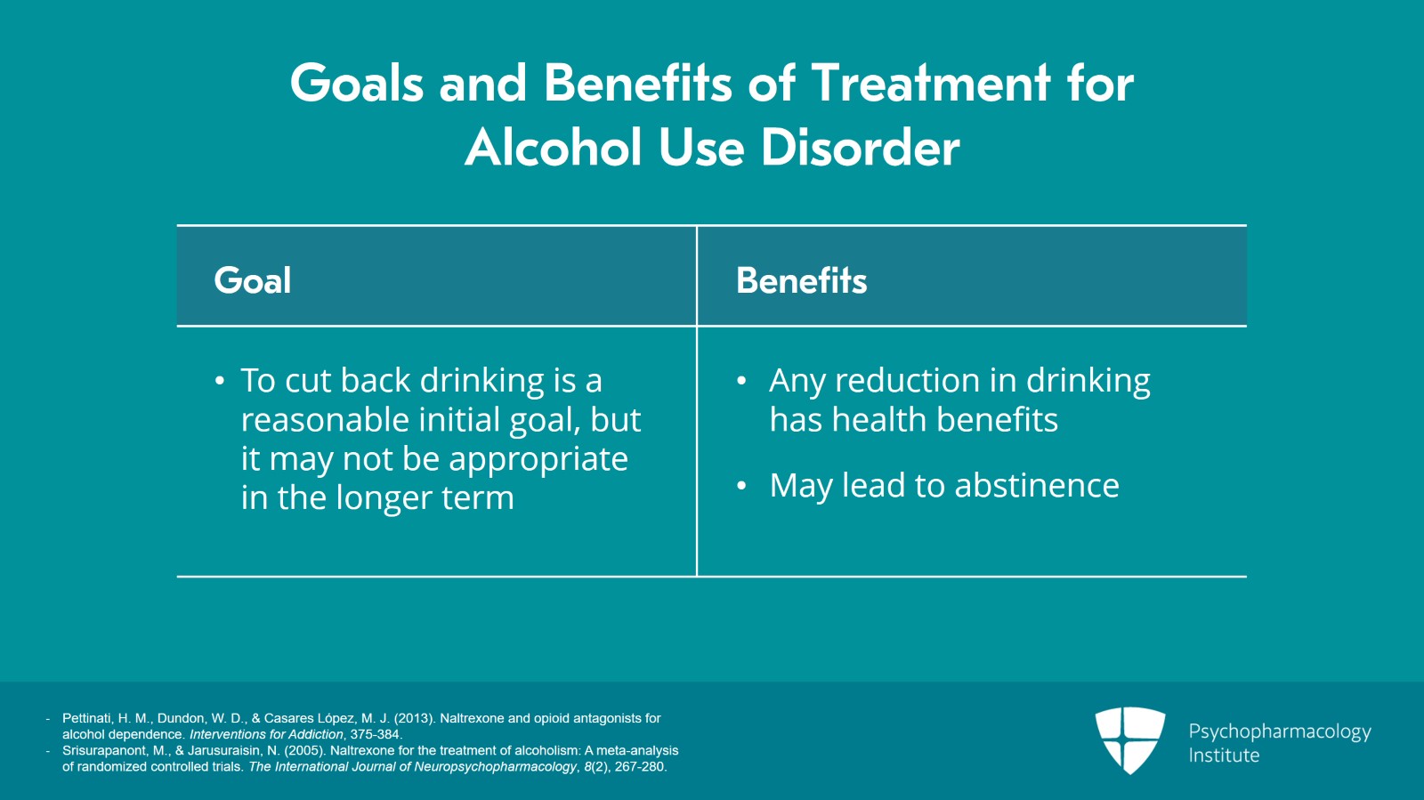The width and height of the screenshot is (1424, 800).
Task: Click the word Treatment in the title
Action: [931, 84]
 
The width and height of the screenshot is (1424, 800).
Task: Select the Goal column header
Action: [253, 280]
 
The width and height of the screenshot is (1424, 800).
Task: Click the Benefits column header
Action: [801, 280]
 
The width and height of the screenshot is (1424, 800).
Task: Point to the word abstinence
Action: [1037, 486]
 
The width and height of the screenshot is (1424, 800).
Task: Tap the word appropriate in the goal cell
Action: [538, 460]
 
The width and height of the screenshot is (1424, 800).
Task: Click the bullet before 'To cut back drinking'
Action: [220, 382]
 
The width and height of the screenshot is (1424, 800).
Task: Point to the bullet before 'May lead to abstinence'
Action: [741, 486]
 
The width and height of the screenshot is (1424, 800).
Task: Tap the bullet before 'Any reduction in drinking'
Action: [741, 382]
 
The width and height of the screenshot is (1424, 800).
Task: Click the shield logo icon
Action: [1129, 739]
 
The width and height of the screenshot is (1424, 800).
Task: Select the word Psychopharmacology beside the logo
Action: [1279, 731]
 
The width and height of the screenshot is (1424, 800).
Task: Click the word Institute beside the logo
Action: [1224, 756]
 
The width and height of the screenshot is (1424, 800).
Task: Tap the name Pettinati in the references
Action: [87, 718]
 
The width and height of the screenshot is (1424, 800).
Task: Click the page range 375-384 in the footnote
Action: [375, 734]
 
